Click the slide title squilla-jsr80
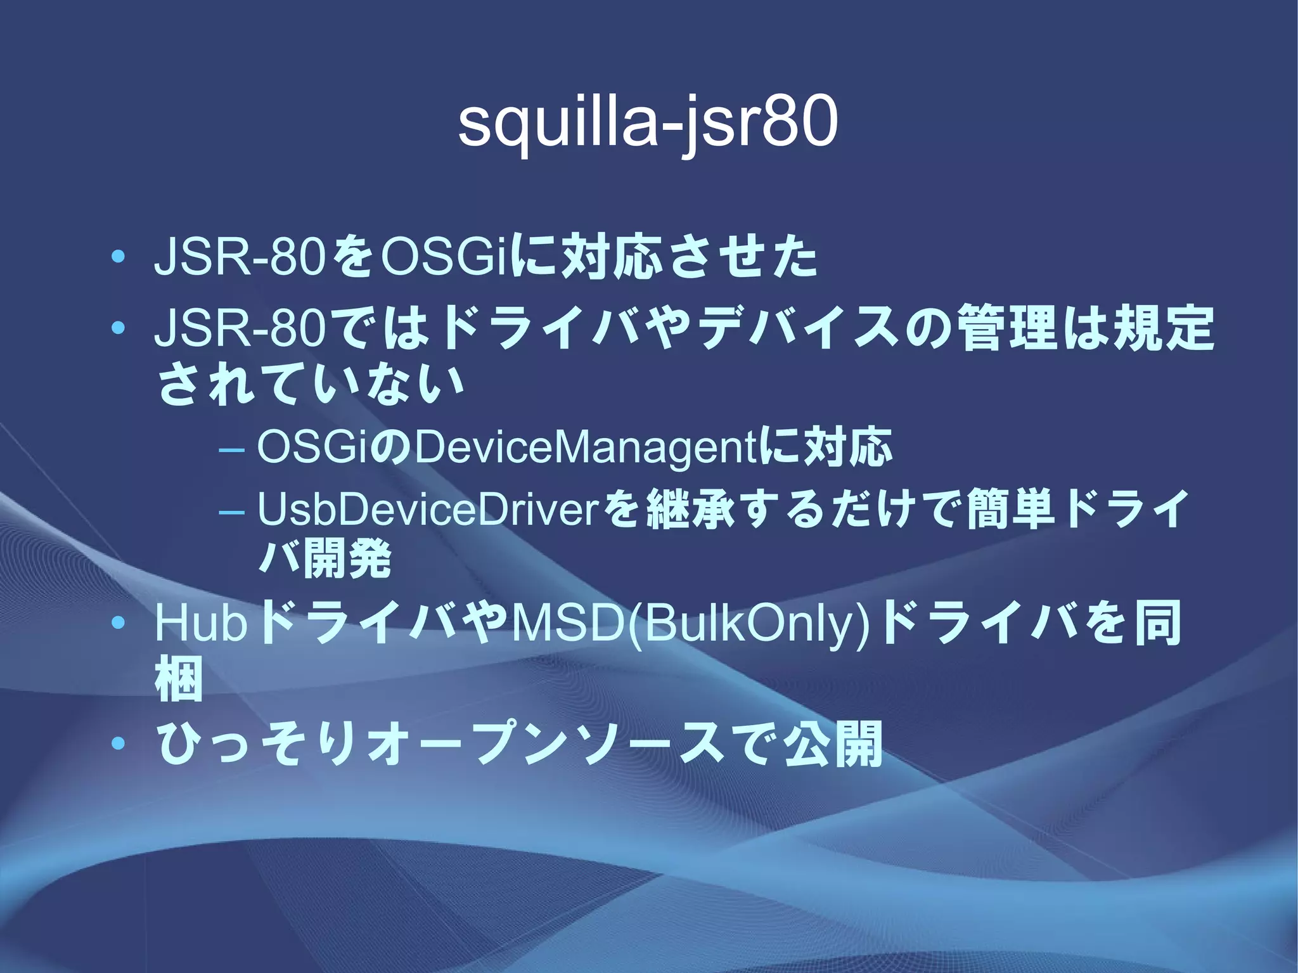pyautogui.click(x=648, y=124)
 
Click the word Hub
pyautogui.click(x=200, y=624)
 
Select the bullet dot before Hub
pyautogui.click(x=117, y=624)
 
